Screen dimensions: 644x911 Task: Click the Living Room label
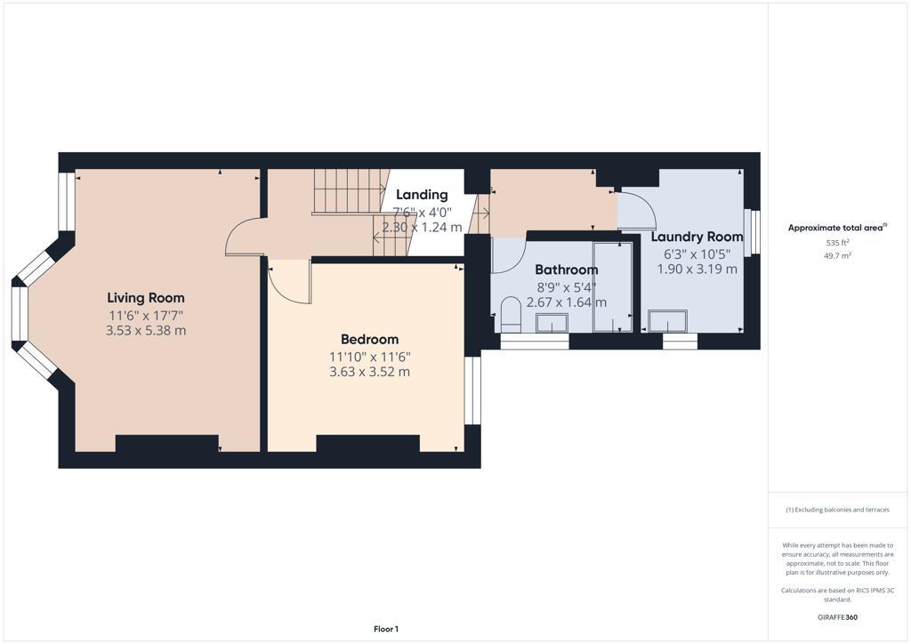coord(146,297)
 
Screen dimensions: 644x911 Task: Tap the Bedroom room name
coord(369,339)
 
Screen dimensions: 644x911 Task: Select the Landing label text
coord(422,195)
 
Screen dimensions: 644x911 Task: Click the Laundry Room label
coord(697,237)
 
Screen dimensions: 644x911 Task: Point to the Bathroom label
coord(566,270)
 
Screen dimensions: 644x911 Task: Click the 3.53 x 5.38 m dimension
coord(146,330)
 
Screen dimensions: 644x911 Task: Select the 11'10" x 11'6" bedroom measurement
coord(369,356)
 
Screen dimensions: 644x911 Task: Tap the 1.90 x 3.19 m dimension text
coord(697,269)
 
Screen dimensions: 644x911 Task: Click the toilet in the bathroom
coord(511,316)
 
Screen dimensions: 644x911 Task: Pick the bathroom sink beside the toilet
coord(552,322)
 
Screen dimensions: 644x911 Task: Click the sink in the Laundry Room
coord(667,320)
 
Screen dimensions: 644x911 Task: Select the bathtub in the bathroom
coord(612,286)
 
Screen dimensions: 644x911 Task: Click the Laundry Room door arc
coord(638,212)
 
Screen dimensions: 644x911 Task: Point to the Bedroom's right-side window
coord(473,390)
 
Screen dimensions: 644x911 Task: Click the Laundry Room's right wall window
coord(753,233)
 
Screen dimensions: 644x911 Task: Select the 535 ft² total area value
coord(836,242)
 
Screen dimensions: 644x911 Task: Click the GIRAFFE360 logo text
coord(837,616)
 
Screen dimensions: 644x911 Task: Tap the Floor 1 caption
coord(385,629)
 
